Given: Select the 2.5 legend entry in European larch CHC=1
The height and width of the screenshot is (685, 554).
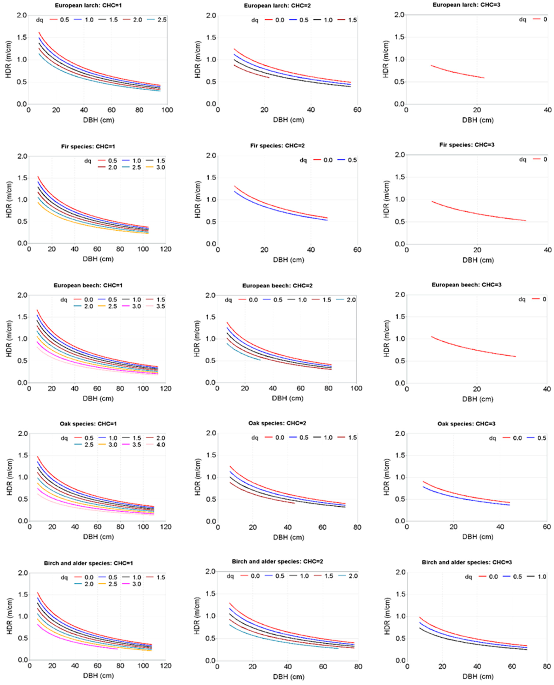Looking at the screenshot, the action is [157, 20].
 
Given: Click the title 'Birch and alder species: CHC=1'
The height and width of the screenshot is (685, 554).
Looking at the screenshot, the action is [88, 563].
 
